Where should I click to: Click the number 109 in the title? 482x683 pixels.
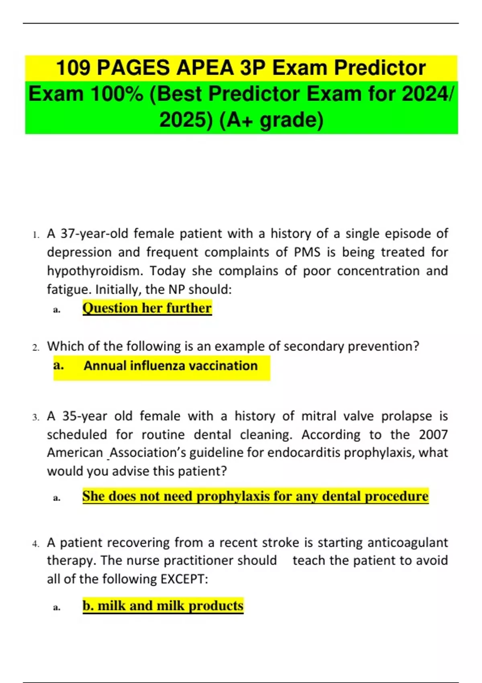[x=73, y=67]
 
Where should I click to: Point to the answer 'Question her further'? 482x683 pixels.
[x=147, y=308]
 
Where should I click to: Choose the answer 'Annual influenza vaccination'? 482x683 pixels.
[x=170, y=366]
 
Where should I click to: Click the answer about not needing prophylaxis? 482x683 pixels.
[x=255, y=496]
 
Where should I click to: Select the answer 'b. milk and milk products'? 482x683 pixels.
[x=163, y=606]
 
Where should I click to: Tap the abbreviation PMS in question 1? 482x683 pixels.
[x=307, y=252]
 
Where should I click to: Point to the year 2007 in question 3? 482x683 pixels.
[x=433, y=435]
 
